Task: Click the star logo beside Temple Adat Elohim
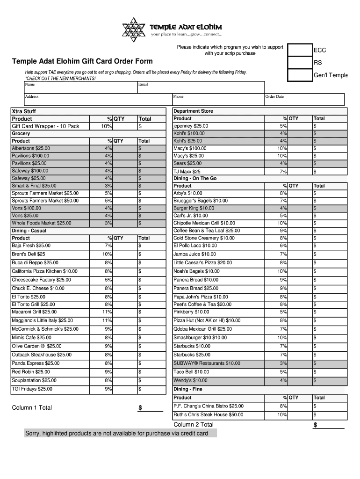134,29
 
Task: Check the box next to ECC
299,50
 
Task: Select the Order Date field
304,100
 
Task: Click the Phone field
217,100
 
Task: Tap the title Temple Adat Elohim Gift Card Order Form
82,61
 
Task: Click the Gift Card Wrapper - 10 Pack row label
45,126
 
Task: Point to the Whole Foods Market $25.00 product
42,223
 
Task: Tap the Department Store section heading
193,111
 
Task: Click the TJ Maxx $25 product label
187,172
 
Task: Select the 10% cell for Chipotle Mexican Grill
282,223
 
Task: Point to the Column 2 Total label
194,425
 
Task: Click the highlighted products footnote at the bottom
116,434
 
